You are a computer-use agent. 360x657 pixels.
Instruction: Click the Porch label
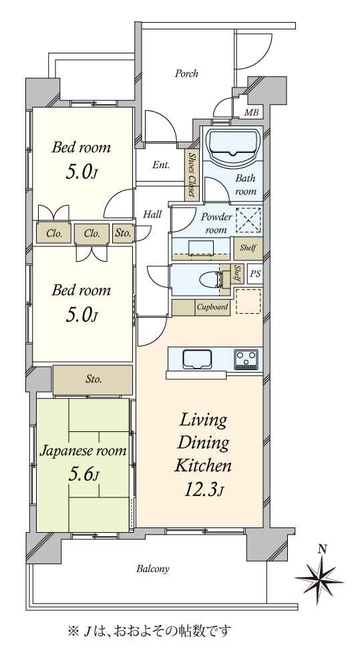click(x=186, y=73)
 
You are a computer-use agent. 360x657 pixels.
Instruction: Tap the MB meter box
click(x=251, y=112)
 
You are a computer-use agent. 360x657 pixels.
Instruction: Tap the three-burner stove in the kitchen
click(x=246, y=359)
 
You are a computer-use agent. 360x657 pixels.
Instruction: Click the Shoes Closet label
click(x=192, y=175)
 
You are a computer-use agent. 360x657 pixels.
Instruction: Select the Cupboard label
click(x=212, y=307)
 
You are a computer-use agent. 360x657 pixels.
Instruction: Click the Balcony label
click(x=153, y=569)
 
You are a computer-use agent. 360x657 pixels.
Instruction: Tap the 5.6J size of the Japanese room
click(x=83, y=473)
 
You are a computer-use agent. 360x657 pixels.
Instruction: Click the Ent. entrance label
click(x=161, y=165)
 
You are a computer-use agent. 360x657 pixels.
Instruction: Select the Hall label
click(x=152, y=214)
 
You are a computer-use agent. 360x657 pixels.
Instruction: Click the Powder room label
click(x=216, y=223)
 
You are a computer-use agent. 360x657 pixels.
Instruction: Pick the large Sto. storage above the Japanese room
click(x=93, y=380)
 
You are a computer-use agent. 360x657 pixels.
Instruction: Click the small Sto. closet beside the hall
click(x=123, y=234)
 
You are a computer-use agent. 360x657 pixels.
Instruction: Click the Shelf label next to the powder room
click(x=248, y=248)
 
